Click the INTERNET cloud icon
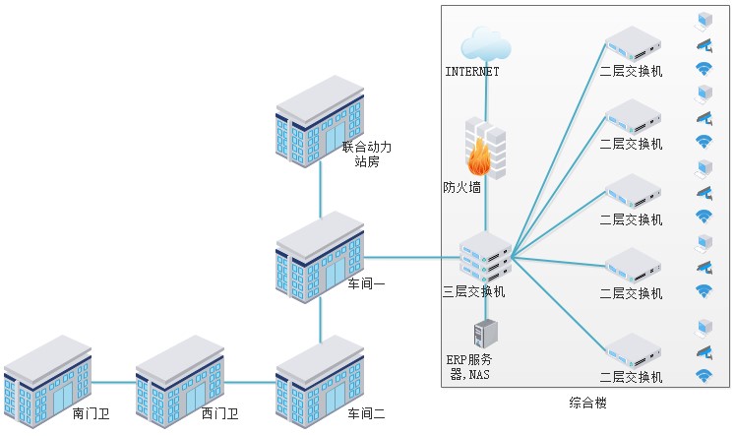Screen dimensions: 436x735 point(486,45)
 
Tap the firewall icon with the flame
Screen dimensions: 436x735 point(484,149)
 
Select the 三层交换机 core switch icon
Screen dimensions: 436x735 point(485,256)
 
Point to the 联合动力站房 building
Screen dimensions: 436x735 point(320,119)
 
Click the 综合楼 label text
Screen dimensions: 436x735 point(587,404)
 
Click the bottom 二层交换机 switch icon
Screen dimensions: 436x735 point(631,350)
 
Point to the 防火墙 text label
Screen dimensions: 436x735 point(462,186)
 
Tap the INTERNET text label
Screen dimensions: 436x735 point(472,72)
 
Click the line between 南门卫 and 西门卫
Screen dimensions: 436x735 point(113,382)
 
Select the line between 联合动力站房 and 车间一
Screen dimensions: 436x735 point(320,187)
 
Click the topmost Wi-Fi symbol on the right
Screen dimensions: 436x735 point(704,69)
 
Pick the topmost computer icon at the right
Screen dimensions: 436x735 point(704,19)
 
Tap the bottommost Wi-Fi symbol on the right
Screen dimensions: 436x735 point(704,375)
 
